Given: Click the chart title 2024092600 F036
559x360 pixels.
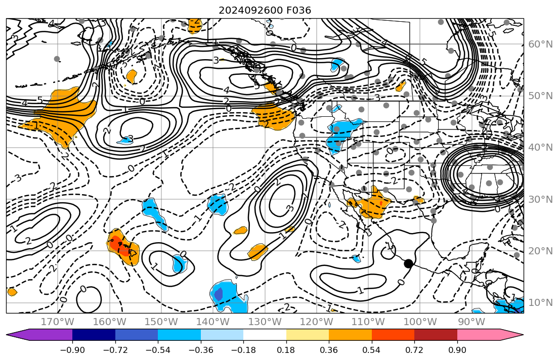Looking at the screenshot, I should (265, 10).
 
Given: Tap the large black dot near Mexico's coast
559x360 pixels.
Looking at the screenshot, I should (408, 263).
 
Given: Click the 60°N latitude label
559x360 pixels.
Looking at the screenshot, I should (540, 44).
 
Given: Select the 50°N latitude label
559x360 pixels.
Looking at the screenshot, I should (540, 96).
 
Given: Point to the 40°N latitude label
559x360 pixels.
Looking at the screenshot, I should (540, 148).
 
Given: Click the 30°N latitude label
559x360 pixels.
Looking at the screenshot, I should (540, 199).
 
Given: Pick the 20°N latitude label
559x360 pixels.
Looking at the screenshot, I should (540, 251).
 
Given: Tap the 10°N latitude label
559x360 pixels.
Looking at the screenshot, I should (540, 303).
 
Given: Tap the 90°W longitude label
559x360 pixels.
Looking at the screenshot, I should (471, 322).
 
